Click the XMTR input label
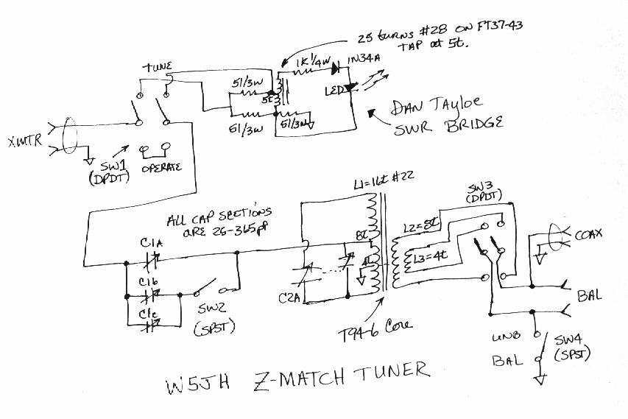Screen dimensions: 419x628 (x=22, y=140)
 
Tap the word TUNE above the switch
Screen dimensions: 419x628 (x=157, y=67)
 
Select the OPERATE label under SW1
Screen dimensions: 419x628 (x=161, y=168)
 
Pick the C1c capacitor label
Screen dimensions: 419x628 (x=149, y=312)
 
